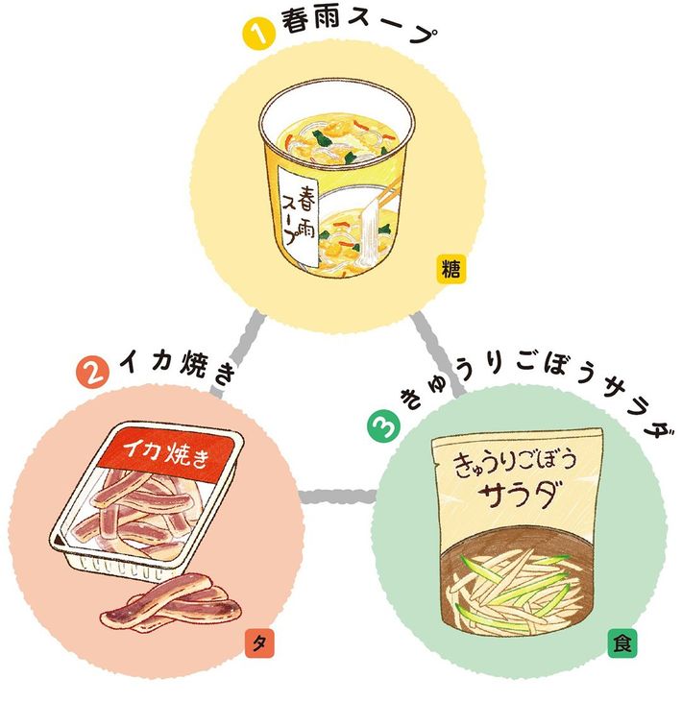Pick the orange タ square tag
[258, 642]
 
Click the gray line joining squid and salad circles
[332, 497]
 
